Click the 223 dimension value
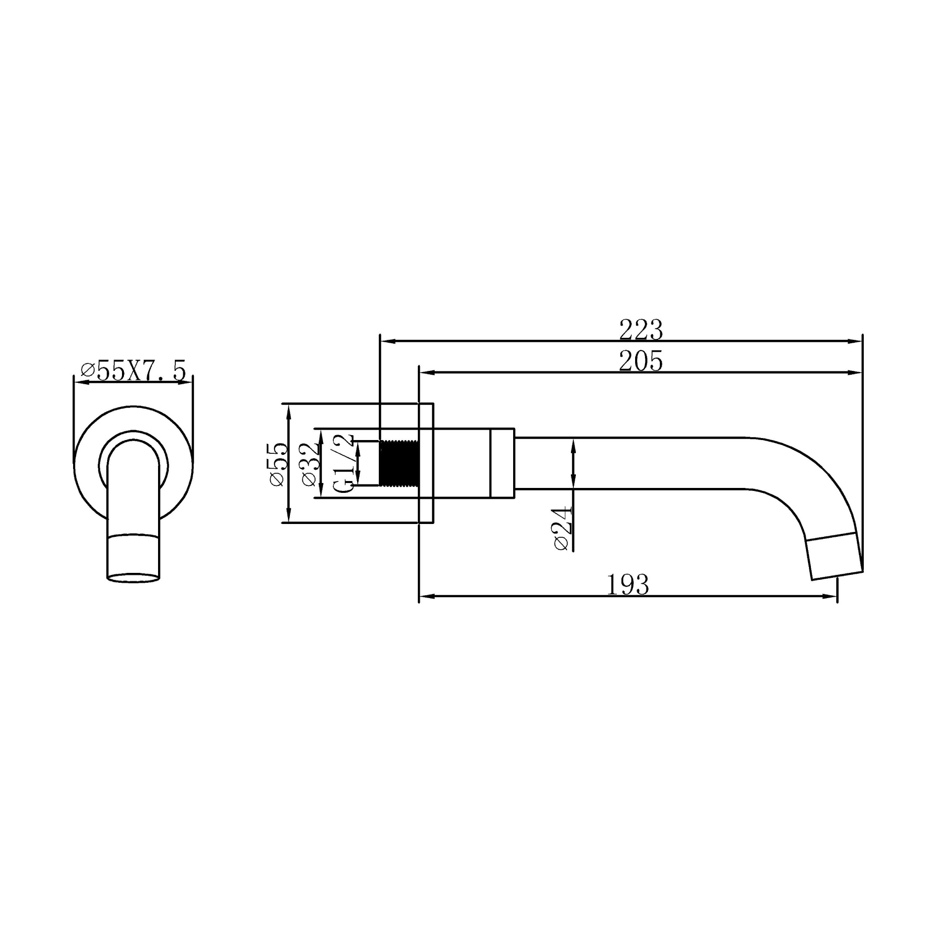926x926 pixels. pyautogui.click(x=641, y=330)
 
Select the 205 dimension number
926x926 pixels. pyautogui.click(x=641, y=362)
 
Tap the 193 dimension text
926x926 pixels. pyautogui.click(x=627, y=585)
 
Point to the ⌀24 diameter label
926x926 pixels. pyautogui.click(x=563, y=528)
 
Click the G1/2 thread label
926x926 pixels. pyautogui.click(x=344, y=463)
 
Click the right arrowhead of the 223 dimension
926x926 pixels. pyautogui.click(x=856, y=341)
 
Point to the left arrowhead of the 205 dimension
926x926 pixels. pyautogui.click(x=426, y=373)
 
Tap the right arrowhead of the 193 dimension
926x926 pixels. pyautogui.click(x=831, y=597)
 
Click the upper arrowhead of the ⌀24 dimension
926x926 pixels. pyautogui.click(x=573, y=444)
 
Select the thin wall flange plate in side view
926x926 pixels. pyautogui.click(x=426, y=463)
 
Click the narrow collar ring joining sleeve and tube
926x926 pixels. pyautogui.click(x=502, y=463)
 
